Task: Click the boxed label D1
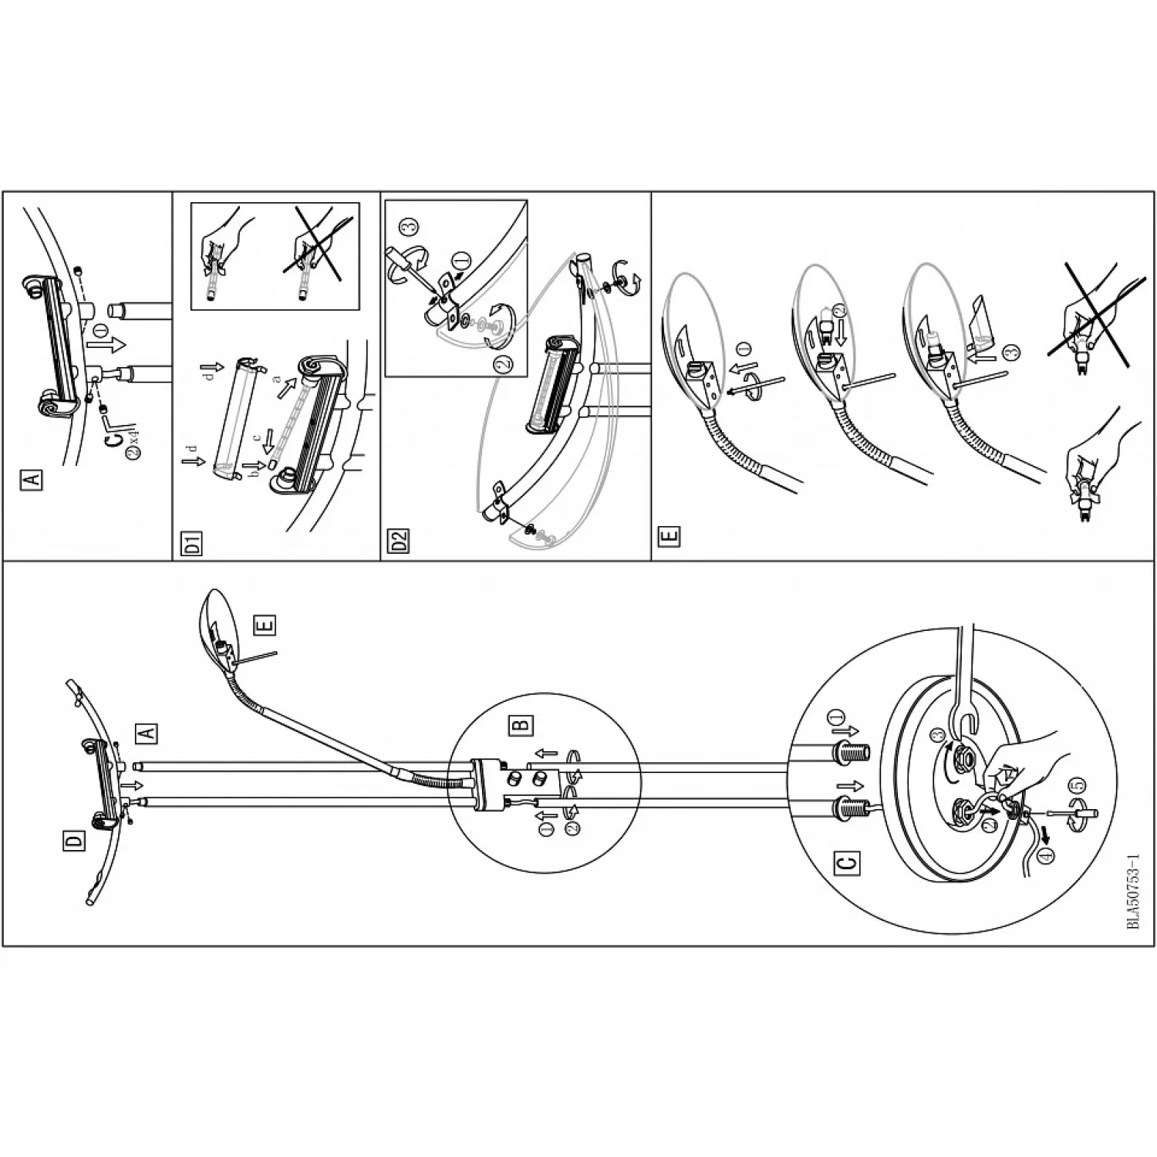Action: pyautogui.click(x=193, y=543)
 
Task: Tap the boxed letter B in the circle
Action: pyautogui.click(x=522, y=724)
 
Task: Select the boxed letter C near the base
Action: pyautogui.click(x=846, y=862)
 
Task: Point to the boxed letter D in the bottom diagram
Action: pyautogui.click(x=74, y=842)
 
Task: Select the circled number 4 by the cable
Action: pyautogui.click(x=1046, y=856)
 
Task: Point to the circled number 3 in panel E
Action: pyautogui.click(x=1012, y=351)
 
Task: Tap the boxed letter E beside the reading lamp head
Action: pyautogui.click(x=265, y=625)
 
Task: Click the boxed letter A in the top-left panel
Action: pyautogui.click(x=32, y=480)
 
